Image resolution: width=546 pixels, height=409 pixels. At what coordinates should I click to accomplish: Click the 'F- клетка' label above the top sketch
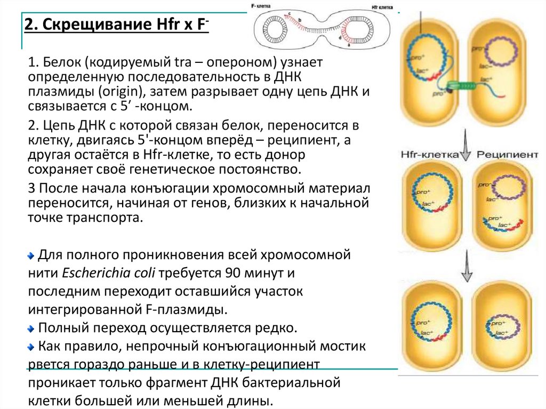coord(262,5)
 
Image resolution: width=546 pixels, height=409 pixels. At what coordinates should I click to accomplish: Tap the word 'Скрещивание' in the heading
coord(93,25)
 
